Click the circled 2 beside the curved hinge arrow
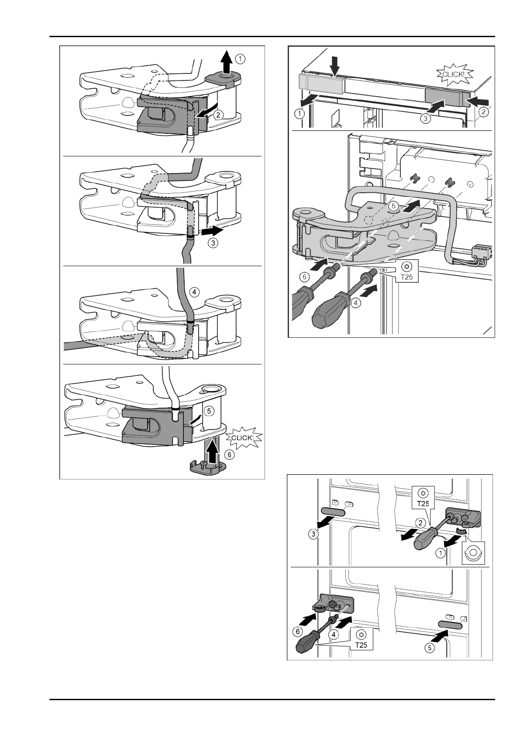coord(218,115)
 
